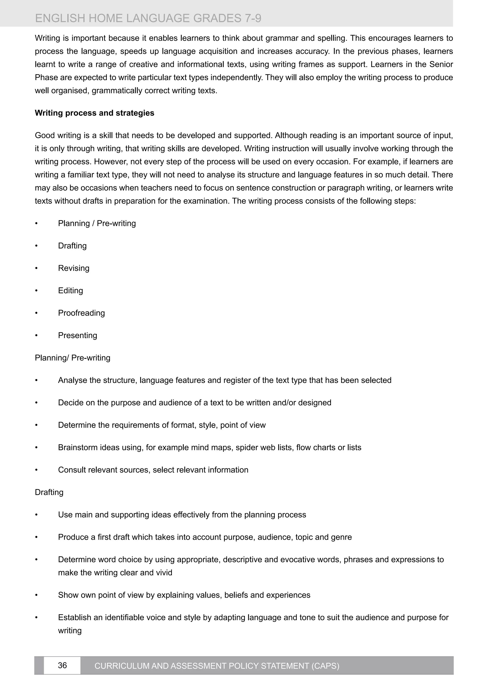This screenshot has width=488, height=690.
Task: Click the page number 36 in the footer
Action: click(x=62, y=665)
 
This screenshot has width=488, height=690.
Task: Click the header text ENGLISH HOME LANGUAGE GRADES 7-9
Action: click(x=148, y=18)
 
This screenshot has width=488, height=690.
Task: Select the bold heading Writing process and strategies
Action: click(x=94, y=113)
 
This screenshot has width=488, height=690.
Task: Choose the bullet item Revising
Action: click(x=74, y=268)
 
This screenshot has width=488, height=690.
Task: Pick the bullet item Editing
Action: click(x=70, y=291)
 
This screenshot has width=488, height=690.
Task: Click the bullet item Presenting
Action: click(x=77, y=335)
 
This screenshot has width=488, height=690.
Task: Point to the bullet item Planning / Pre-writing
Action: click(x=97, y=223)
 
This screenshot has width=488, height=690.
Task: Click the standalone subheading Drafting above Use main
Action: click(x=49, y=492)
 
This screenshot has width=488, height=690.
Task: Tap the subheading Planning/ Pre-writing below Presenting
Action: click(x=72, y=358)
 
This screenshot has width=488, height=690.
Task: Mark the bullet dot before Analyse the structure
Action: click(x=36, y=381)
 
